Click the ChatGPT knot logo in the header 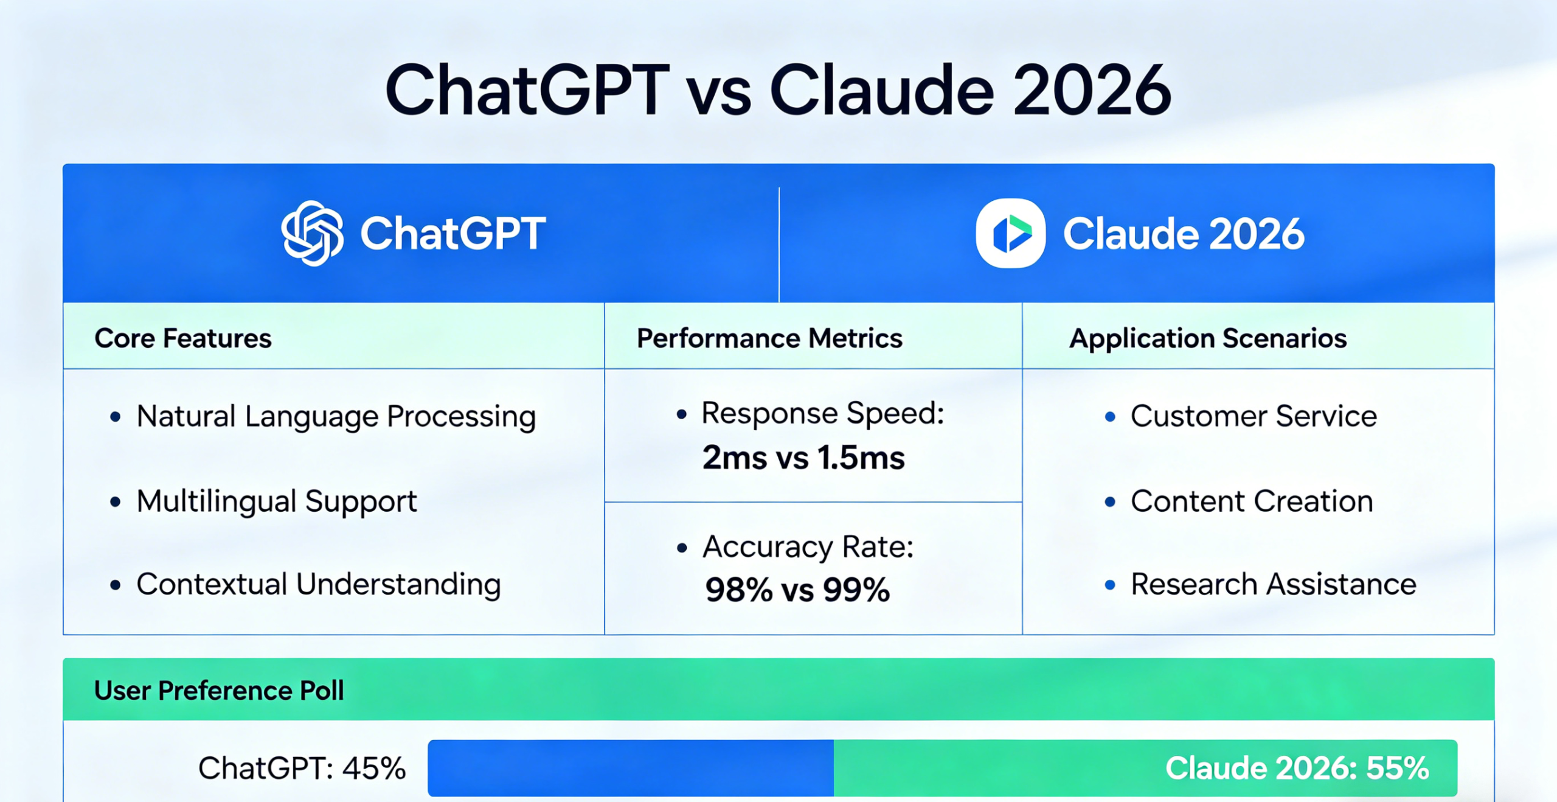(x=313, y=234)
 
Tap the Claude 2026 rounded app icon (x=1010, y=234)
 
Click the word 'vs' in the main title (x=718, y=92)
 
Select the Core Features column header (x=183, y=338)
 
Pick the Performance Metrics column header (x=769, y=338)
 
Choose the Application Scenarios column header (x=1208, y=338)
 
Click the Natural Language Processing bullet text (x=336, y=417)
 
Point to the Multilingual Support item (x=277, y=501)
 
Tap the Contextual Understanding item (x=319, y=584)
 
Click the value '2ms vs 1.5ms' (x=803, y=458)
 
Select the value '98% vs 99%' (x=797, y=590)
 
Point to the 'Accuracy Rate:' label (x=808, y=546)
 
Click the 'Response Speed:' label (x=822, y=414)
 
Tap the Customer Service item (x=1254, y=417)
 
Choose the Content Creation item (x=1252, y=501)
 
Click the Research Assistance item (x=1273, y=584)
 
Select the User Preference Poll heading (x=219, y=691)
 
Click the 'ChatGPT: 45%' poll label (x=302, y=768)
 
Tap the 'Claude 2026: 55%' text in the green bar (x=1297, y=768)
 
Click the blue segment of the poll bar (x=630, y=768)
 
